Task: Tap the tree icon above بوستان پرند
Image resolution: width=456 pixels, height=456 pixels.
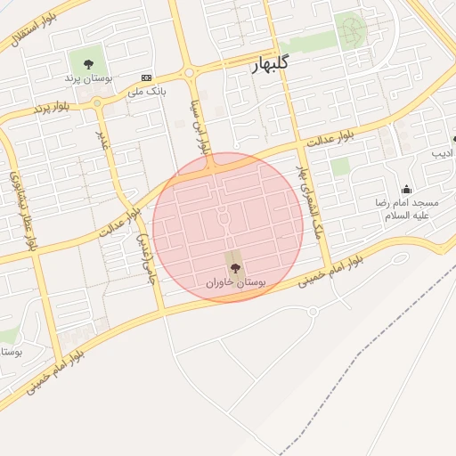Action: tap(88, 63)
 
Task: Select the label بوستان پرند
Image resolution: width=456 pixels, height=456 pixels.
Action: tap(85, 78)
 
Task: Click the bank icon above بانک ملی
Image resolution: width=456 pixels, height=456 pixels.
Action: tap(147, 78)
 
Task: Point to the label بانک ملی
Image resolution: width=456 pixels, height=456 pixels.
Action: tap(147, 91)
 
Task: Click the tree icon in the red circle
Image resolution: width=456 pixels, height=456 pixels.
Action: tap(235, 268)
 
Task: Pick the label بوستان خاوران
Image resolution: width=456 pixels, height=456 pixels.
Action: tap(236, 282)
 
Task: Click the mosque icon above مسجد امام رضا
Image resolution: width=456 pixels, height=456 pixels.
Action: tap(407, 189)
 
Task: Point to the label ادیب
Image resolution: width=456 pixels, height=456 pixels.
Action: tap(443, 153)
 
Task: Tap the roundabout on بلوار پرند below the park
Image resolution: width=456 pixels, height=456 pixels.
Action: tap(97, 102)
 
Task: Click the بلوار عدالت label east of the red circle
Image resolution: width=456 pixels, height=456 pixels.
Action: tap(330, 137)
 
